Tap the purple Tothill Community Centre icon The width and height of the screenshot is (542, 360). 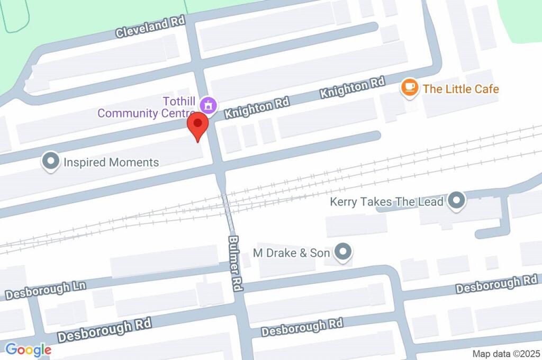[x=210, y=105]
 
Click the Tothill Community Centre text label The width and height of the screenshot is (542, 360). [x=139, y=106]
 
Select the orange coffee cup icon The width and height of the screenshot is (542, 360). [x=409, y=88]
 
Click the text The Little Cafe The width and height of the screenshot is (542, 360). [x=460, y=88]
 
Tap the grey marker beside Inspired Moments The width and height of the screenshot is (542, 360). [x=51, y=162]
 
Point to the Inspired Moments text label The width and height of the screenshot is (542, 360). [x=111, y=162]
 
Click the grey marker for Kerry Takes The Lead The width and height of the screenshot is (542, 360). [x=456, y=201]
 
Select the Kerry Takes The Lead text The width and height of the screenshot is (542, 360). [x=386, y=202]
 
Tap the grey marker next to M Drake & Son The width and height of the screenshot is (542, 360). [x=344, y=252]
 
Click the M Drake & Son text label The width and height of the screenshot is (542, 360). [x=292, y=253]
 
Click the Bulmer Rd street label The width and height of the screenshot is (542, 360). [x=236, y=263]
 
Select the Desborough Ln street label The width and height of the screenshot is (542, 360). [x=46, y=290]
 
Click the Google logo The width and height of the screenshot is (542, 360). [x=28, y=349]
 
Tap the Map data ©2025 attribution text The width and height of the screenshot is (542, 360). [x=505, y=354]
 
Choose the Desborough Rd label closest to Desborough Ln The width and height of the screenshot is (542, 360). [x=104, y=330]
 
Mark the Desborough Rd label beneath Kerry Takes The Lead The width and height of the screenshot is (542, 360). [x=496, y=284]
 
